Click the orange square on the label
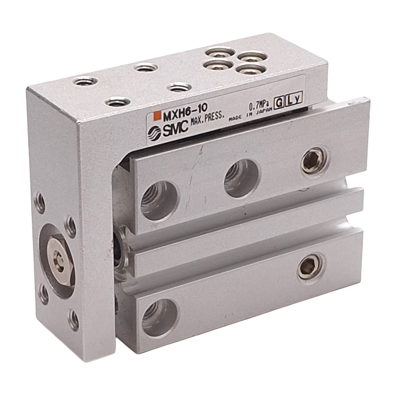(158, 116)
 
